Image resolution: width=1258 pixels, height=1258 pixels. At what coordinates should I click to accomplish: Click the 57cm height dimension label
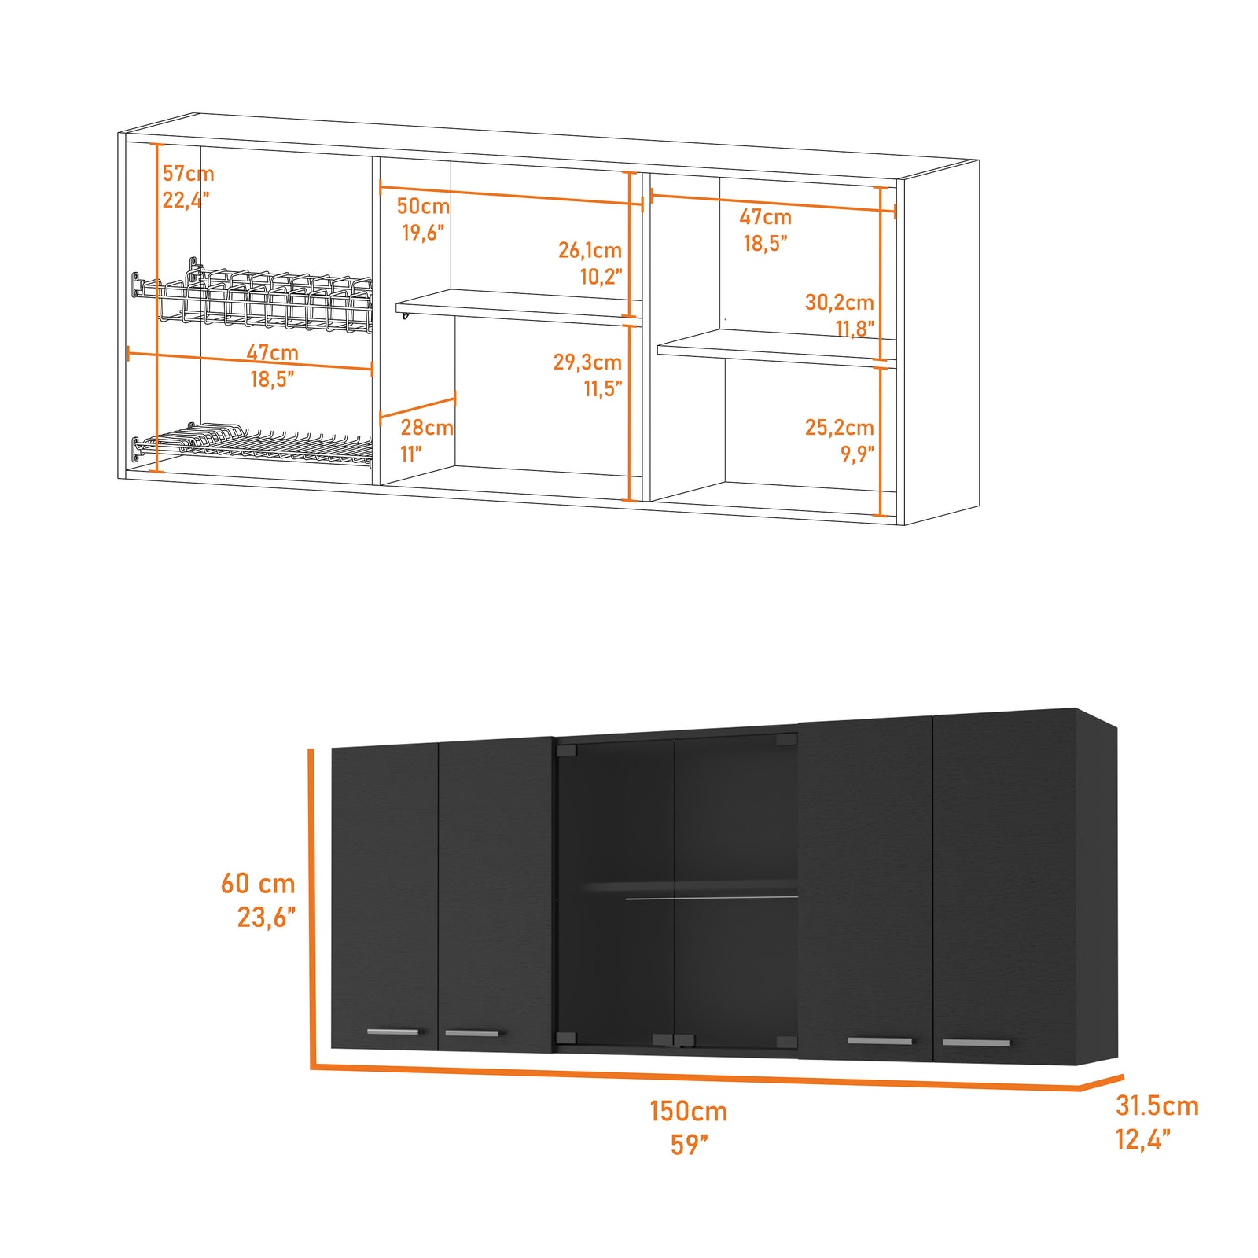coord(188,174)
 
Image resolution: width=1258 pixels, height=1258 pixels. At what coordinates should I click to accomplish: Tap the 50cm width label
coord(423,206)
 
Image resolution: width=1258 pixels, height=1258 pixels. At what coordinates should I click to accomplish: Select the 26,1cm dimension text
coord(590,250)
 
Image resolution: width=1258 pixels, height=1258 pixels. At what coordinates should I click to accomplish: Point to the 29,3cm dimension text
coord(587,362)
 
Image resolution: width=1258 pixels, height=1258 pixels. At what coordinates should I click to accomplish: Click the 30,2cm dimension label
coord(839,302)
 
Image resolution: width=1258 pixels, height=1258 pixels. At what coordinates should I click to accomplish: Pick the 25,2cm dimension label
coord(839,428)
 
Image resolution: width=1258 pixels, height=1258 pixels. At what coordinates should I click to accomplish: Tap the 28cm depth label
coord(426,428)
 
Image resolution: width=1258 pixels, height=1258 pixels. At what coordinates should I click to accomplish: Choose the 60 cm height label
coord(258,884)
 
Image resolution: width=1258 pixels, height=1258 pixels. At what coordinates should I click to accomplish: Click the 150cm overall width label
coord(688,1112)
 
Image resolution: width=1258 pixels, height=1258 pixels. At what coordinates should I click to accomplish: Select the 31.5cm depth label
coord(1157,1106)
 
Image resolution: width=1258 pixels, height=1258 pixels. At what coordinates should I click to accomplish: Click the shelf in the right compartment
coord(774,347)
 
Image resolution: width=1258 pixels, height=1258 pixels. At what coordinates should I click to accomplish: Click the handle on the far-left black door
coord(393,1032)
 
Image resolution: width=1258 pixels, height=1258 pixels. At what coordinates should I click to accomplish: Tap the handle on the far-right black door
coord(975,1043)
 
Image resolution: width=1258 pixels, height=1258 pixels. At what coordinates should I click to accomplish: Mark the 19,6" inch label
coord(423,233)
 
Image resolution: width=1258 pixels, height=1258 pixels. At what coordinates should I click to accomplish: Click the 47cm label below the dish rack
coord(272,353)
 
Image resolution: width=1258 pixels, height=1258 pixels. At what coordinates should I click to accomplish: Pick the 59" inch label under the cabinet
coord(689,1145)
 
